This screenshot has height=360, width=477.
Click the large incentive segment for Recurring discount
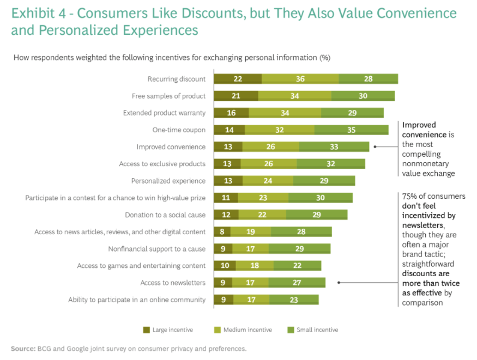click(x=238, y=79)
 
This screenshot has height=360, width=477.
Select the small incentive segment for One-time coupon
click(x=351, y=130)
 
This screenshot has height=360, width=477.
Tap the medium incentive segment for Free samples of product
click(x=294, y=96)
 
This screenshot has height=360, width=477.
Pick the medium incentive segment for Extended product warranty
click(x=285, y=113)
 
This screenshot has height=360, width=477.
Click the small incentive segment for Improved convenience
click(x=334, y=147)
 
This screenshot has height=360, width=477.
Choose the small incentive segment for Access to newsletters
click(x=297, y=283)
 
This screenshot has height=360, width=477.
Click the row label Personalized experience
click(x=168, y=181)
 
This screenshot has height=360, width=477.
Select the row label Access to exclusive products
click(x=162, y=164)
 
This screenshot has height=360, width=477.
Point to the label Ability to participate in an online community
click(x=137, y=300)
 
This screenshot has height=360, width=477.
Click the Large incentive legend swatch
click(x=146, y=330)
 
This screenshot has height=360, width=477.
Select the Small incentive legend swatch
click(x=289, y=330)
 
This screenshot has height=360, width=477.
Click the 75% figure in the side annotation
click(x=409, y=197)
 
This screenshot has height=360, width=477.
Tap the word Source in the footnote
click(x=22, y=349)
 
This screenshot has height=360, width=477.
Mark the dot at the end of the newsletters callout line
click(x=339, y=283)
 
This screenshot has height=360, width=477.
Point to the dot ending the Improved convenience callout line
click(x=376, y=147)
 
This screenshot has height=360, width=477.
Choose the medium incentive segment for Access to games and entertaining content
click(x=255, y=266)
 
